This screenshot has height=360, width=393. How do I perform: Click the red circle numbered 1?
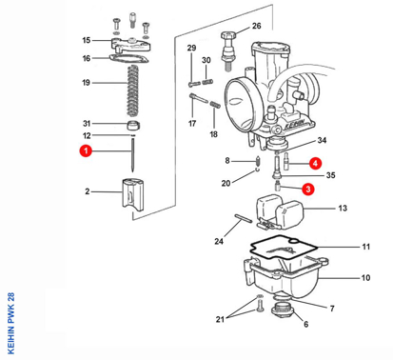(x=86, y=151)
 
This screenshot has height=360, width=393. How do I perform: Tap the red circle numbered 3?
(x=307, y=190)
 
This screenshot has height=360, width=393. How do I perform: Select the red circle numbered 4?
(x=314, y=162)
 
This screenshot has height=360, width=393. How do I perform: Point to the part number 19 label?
(x=86, y=83)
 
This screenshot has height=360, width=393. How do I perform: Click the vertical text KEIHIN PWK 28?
(x=10, y=323)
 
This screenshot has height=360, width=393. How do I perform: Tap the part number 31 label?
(x=86, y=124)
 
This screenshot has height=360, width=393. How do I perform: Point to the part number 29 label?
(x=191, y=48)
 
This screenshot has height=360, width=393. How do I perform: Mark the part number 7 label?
(x=332, y=310)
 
